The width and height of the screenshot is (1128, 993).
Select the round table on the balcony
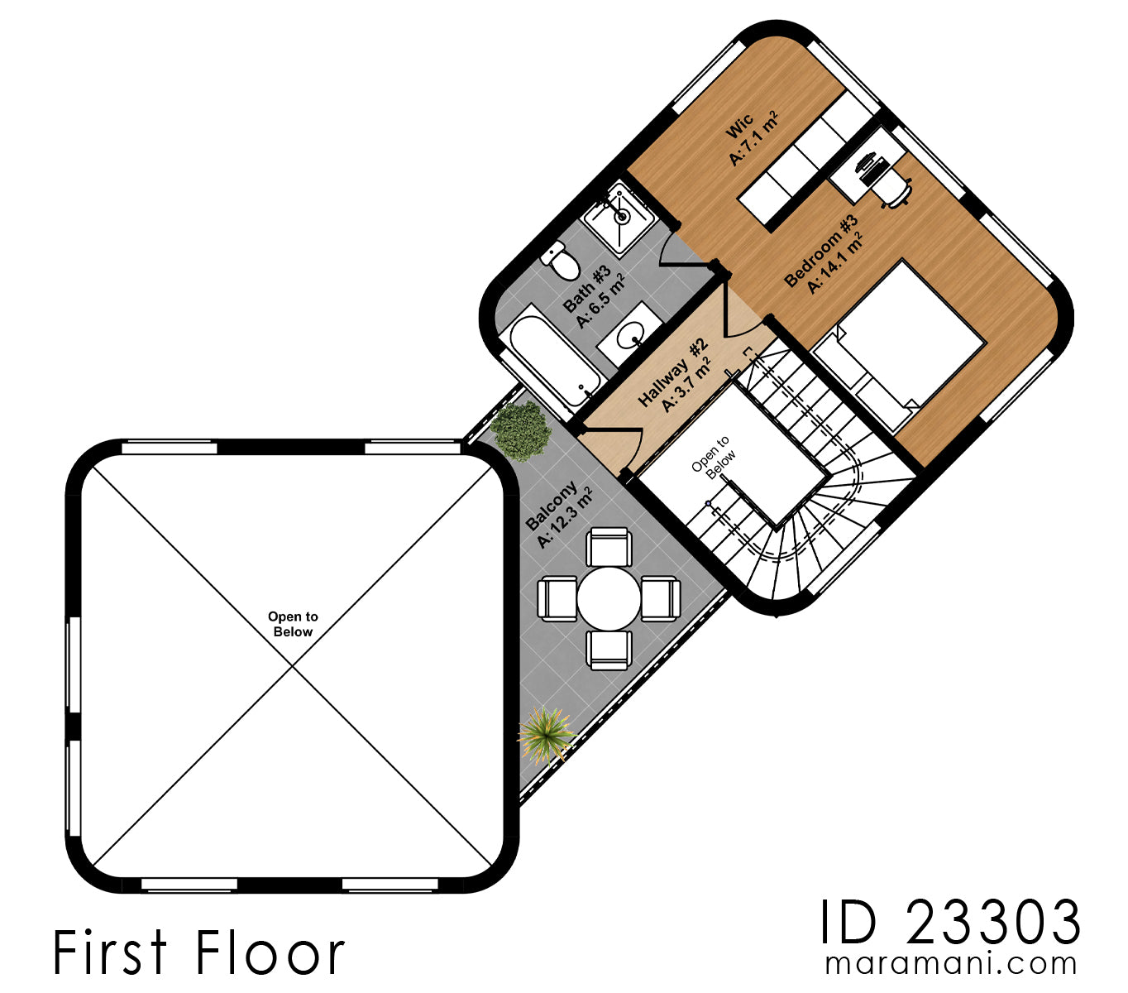609,597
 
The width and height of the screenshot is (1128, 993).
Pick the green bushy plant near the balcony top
519,429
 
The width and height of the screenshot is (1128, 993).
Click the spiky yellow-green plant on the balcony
545,733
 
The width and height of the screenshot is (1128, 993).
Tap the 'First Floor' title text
198,952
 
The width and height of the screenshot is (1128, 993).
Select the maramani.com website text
951,964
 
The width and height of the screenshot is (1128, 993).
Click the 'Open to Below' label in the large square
293,624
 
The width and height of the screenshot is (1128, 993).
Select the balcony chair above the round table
609,548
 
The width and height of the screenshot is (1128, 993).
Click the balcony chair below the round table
609,648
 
